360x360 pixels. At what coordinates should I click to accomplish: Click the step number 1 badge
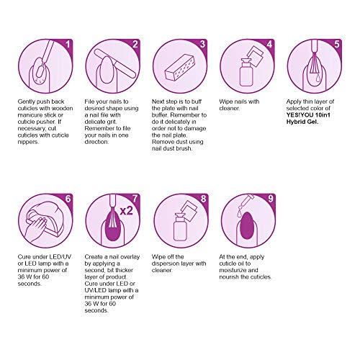(68, 44)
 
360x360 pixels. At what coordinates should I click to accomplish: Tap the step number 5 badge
(337, 44)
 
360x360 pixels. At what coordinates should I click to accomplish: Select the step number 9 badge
(271, 199)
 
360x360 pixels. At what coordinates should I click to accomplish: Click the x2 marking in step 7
(126, 211)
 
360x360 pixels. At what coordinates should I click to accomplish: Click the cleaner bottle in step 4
(246, 73)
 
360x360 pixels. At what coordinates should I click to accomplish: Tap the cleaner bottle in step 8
(180, 228)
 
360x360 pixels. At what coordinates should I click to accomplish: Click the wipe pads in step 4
(255, 55)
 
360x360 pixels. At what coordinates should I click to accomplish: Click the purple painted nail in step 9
(246, 225)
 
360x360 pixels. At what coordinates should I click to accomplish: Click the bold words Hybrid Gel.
(302, 122)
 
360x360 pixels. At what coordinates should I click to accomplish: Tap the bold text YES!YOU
(300, 115)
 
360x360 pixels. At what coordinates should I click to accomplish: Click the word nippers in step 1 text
(28, 142)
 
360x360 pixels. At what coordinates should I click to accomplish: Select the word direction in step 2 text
(96, 142)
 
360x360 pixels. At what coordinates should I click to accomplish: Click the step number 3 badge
(203, 44)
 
